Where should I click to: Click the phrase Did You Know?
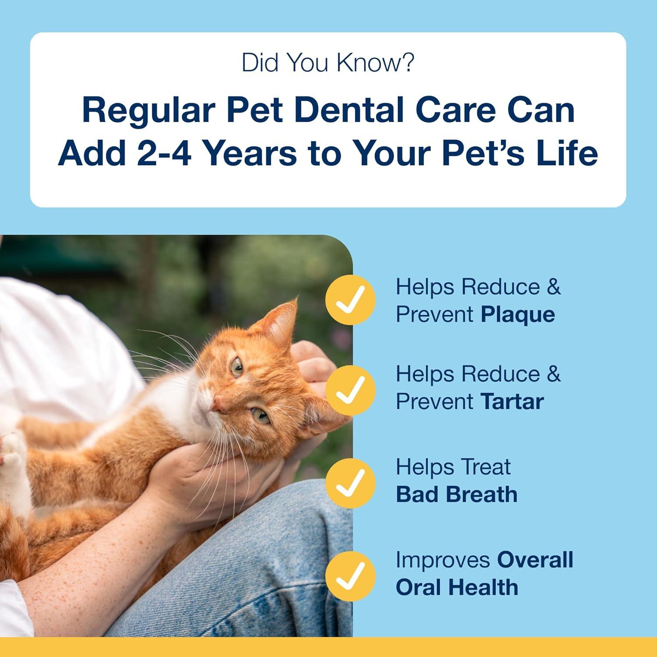tap(328, 63)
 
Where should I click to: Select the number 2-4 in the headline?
tap(164, 153)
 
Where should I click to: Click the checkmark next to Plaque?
tap(350, 300)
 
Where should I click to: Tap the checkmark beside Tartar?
tap(350, 389)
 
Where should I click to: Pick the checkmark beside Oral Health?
tap(350, 575)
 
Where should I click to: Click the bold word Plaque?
tap(518, 315)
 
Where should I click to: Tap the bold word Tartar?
tap(512, 402)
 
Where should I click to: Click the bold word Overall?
tap(535, 560)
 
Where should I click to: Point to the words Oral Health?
tap(456, 587)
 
